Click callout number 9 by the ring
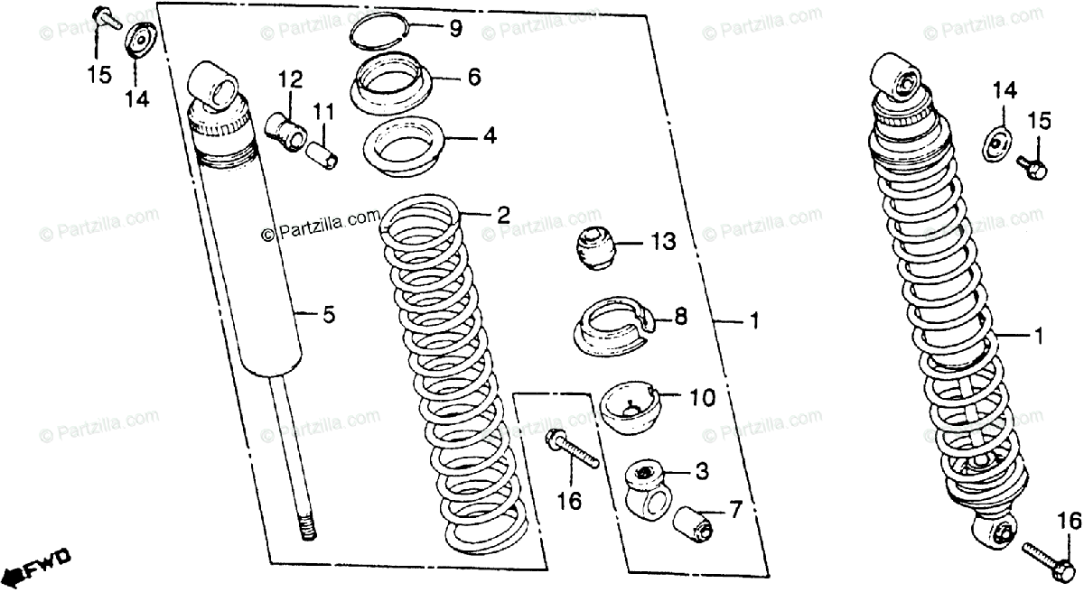point(455,29)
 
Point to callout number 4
point(489,137)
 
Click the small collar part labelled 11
point(324,151)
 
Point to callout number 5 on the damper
point(329,315)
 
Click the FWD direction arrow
point(36,569)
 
